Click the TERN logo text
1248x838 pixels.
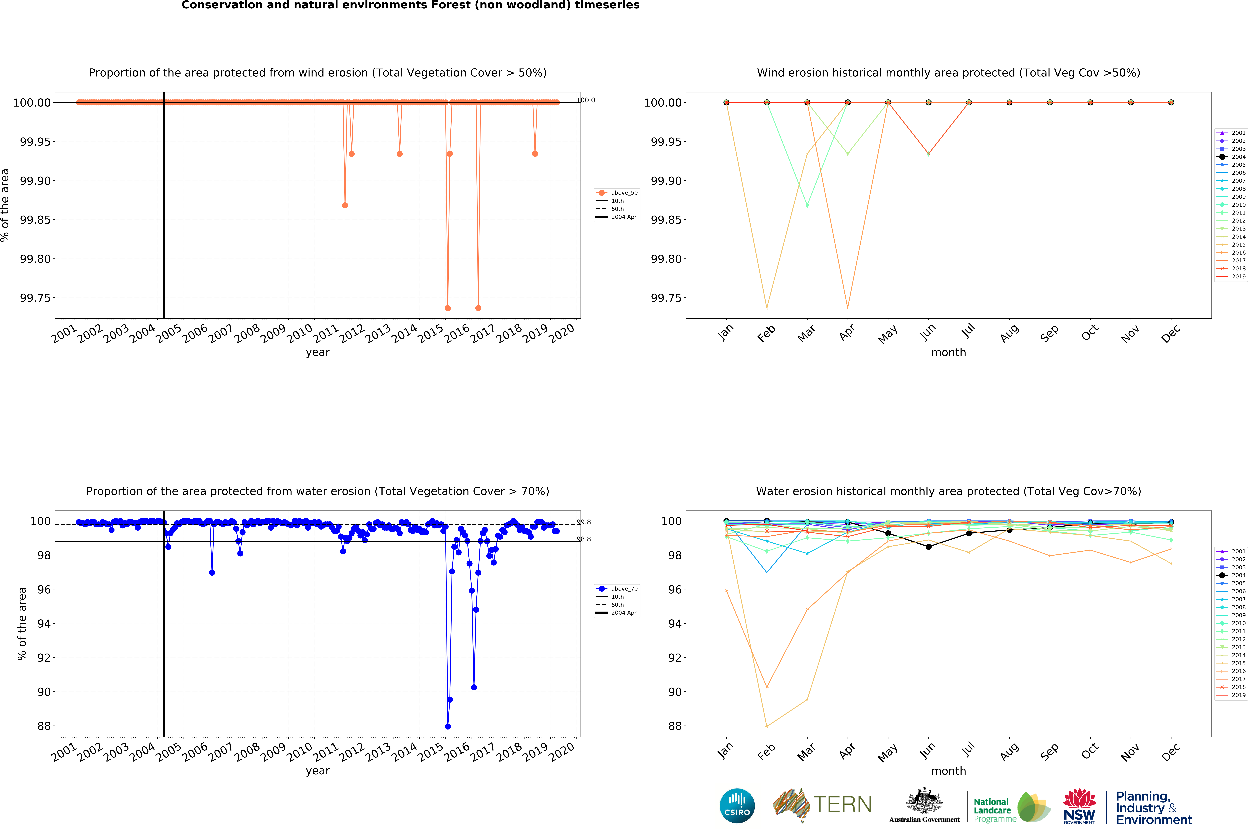coord(842,804)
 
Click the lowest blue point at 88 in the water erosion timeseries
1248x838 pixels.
coord(448,726)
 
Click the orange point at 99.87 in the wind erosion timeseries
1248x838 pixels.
coord(345,205)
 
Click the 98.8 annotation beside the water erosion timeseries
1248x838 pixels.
coord(583,539)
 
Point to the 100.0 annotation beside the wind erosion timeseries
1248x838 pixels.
coord(586,100)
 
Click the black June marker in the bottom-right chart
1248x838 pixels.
coord(928,547)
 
